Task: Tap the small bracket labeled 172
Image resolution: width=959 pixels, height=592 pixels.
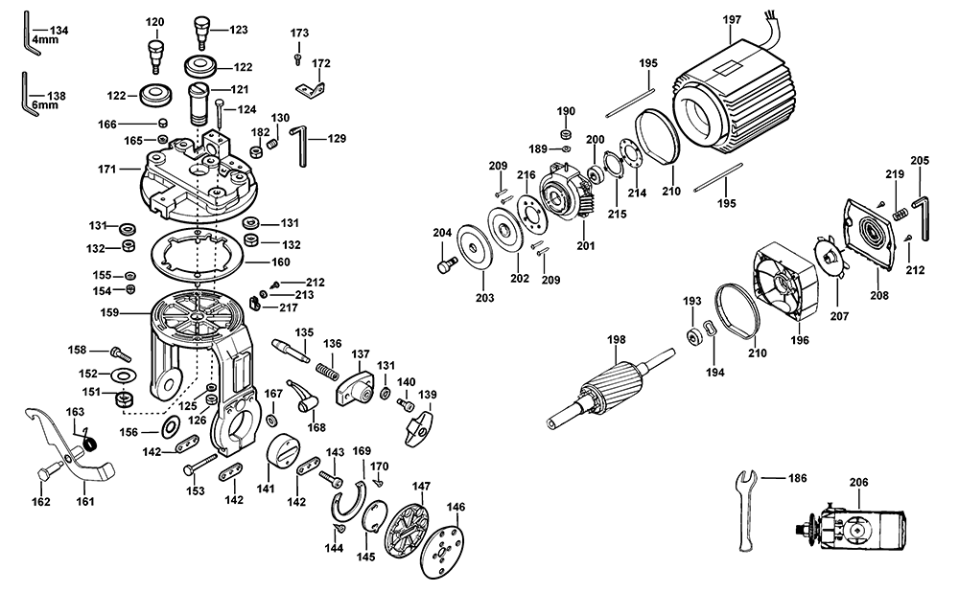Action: pyautogui.click(x=310, y=91)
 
